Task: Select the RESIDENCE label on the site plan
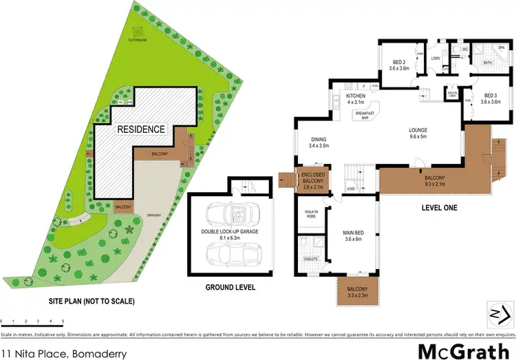click(x=140, y=129)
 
